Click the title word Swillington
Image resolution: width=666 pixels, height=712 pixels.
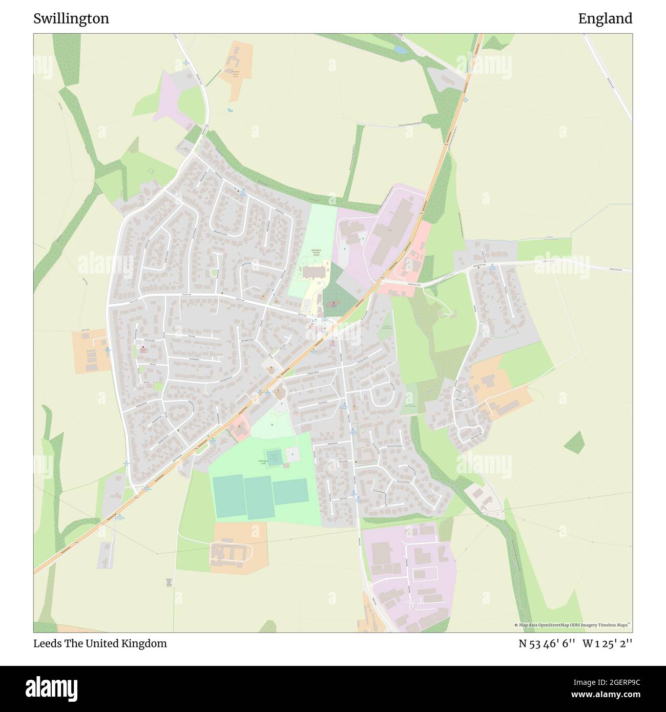pos(71,18)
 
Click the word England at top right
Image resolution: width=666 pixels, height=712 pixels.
pos(605,18)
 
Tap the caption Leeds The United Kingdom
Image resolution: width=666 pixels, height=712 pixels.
pos(100,643)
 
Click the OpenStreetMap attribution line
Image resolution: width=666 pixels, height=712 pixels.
pos(572,625)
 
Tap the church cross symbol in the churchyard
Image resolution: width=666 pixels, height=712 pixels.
pos(334,303)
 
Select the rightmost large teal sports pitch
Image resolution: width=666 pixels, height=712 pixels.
pos(290,491)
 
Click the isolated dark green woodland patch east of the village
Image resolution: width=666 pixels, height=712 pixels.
pos(575,443)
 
